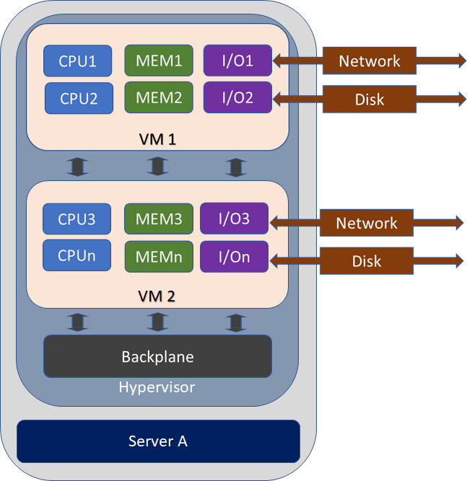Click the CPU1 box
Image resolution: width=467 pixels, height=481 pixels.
[x=78, y=61]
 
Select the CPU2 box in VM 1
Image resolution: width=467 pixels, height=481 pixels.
[x=79, y=98]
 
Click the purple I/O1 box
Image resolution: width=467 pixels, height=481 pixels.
[x=237, y=61]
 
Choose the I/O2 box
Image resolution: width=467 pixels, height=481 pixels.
[x=237, y=97]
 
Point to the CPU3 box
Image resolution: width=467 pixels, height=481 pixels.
[x=77, y=219]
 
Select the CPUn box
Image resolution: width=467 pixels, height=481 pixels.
[x=77, y=255]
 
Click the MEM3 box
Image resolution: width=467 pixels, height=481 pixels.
[x=158, y=219]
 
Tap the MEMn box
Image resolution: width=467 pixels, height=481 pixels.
[x=158, y=257]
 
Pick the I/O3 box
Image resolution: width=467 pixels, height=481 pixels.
[x=234, y=219]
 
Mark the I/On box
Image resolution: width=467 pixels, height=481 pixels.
[x=234, y=257]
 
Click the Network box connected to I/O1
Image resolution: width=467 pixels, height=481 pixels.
[x=370, y=61]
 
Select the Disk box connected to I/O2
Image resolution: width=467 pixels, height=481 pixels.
[x=370, y=99]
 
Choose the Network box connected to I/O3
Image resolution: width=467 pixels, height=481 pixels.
[x=367, y=224]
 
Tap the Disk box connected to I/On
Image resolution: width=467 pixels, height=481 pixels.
[x=367, y=260]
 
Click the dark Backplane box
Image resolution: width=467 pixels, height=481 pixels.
[x=157, y=356]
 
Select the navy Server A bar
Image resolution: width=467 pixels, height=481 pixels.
[x=158, y=441]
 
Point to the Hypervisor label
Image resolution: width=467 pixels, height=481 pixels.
[x=157, y=387]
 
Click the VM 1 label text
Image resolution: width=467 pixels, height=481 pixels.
[x=157, y=138]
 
